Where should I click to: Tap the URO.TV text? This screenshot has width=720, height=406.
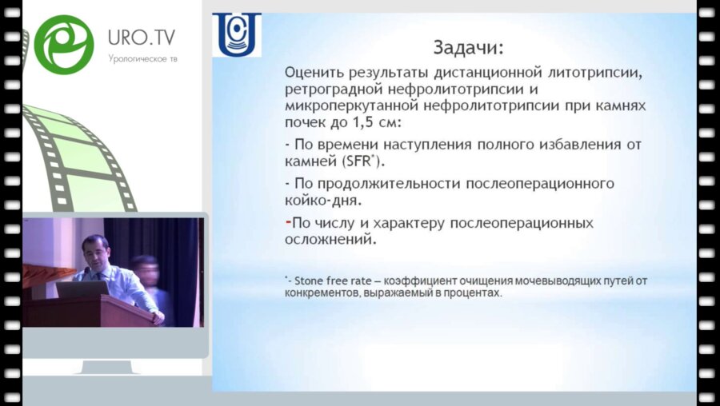click(x=142, y=37)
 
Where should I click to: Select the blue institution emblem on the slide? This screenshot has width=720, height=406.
click(x=236, y=36)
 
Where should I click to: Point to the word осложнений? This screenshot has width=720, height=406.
click(x=331, y=237)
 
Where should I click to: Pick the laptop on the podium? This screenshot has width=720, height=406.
click(x=82, y=289)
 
